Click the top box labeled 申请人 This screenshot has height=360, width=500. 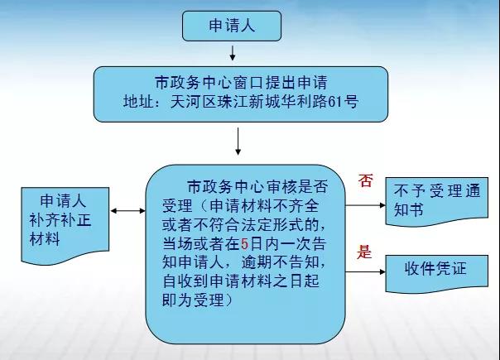[232, 26]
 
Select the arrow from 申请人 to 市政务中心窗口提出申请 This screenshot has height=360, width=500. [233, 53]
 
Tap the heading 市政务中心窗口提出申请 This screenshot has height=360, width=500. [241, 82]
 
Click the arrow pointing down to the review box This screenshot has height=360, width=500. [238, 142]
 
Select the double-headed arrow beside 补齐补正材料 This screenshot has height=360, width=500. [127, 211]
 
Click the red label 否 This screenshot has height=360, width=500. [365, 180]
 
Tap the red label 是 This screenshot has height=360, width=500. [364, 252]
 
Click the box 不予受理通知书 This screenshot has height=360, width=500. [437, 201]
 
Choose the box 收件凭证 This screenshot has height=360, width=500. [437, 273]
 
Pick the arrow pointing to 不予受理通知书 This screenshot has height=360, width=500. [365, 205]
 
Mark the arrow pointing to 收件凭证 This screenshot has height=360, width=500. [365, 272]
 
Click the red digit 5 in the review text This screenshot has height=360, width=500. [244, 244]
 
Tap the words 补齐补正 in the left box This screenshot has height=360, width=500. [60, 220]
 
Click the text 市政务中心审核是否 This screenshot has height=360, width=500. [257, 187]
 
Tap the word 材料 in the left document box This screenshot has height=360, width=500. [45, 239]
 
